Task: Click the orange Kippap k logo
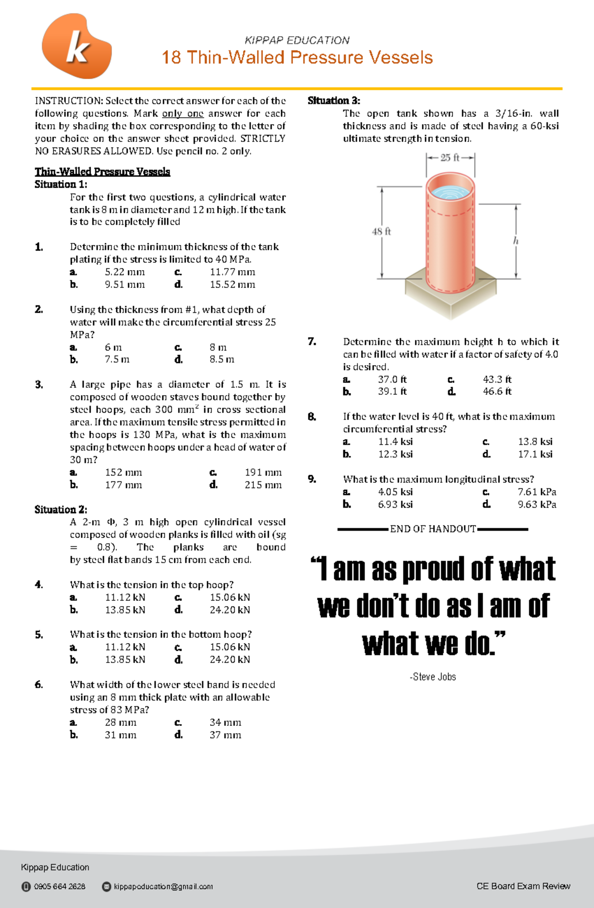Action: coord(77,47)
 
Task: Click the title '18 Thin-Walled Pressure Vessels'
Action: coord(297,57)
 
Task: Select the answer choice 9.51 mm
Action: coord(124,285)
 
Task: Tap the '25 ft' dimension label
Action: coord(449,157)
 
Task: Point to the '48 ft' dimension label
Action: coord(381,231)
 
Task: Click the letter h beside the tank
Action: coord(515,240)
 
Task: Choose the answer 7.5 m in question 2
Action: coord(117,359)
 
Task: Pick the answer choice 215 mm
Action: coord(263,485)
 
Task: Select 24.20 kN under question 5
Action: coord(230,660)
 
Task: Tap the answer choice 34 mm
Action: coord(225,722)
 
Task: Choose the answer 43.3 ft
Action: coord(497,380)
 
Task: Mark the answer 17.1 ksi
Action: coord(535,454)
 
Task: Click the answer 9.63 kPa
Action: coord(537,504)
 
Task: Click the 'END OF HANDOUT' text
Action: coord(433,529)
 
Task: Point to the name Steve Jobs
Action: coord(434,676)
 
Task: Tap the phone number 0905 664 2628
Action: coord(59,886)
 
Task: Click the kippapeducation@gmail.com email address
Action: coord(163,886)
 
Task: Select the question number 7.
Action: coord(312,341)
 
